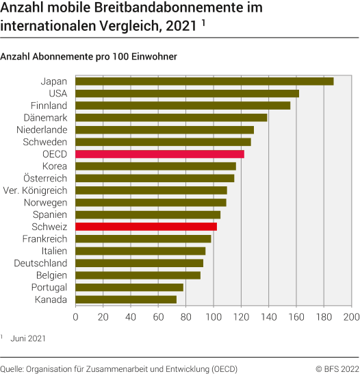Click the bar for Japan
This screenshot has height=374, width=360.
point(204,82)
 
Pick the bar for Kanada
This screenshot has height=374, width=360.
point(126,299)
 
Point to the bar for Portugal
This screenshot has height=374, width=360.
point(129,287)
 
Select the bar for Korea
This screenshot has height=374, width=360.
point(155,166)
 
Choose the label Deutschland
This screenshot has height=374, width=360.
point(40,263)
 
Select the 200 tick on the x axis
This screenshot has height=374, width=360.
point(351,317)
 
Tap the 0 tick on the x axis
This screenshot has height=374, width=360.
point(75,317)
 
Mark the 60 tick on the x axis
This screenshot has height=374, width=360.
point(158,317)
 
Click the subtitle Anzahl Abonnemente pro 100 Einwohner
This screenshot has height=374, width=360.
point(89,57)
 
